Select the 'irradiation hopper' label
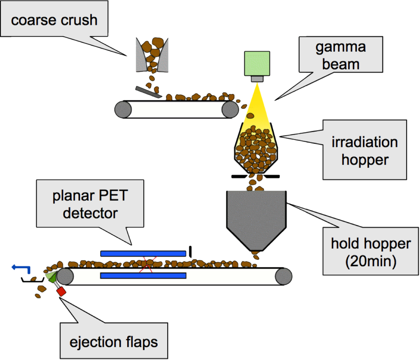point(364,150)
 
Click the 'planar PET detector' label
point(90,205)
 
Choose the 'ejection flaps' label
point(114,342)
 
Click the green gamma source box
point(257,64)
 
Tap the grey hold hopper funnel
point(256,218)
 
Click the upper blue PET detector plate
point(143,253)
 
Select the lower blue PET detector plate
point(143,275)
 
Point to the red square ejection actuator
point(62,291)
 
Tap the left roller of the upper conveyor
point(122,110)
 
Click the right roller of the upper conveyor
point(230,110)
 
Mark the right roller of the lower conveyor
point(284,276)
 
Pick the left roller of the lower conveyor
point(65,277)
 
